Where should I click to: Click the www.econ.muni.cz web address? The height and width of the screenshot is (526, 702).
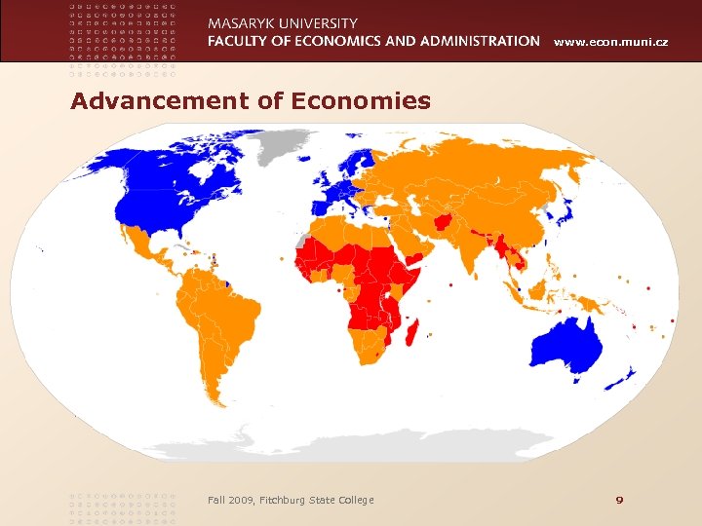coord(611,42)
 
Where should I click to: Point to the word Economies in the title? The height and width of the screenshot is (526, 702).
coord(374,100)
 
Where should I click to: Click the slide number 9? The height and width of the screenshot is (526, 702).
coord(618,500)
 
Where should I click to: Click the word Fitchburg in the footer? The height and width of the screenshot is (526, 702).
coord(280,500)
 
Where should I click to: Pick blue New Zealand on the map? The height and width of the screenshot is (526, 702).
coord(624,375)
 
